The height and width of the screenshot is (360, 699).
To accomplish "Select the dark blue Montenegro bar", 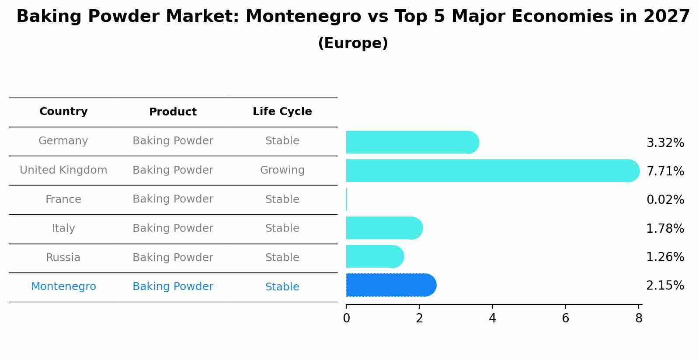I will (390, 285).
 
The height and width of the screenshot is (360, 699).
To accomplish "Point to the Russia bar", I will (374, 256).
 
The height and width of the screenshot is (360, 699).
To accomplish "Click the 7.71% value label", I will (665, 171).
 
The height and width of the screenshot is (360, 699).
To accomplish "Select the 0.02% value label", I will (665, 199).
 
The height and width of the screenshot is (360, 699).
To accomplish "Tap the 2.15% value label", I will (665, 285).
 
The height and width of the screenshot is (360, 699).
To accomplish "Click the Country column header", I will (63, 112).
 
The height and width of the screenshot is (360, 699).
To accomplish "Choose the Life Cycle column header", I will (282, 112).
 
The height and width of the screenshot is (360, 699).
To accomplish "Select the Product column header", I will (173, 112).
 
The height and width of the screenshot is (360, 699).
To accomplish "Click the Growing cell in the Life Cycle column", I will (282, 170).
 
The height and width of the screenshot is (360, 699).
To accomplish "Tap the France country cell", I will (63, 199).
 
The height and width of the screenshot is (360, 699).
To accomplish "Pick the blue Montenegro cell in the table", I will (63, 287).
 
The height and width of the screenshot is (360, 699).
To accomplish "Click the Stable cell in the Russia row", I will (282, 258).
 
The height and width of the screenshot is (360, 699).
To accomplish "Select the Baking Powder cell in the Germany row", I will (173, 141).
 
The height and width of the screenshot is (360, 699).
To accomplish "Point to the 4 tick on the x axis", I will (492, 318).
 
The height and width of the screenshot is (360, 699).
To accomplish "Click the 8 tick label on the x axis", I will (639, 318).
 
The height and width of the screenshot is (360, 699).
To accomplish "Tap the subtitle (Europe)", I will (353, 43).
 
